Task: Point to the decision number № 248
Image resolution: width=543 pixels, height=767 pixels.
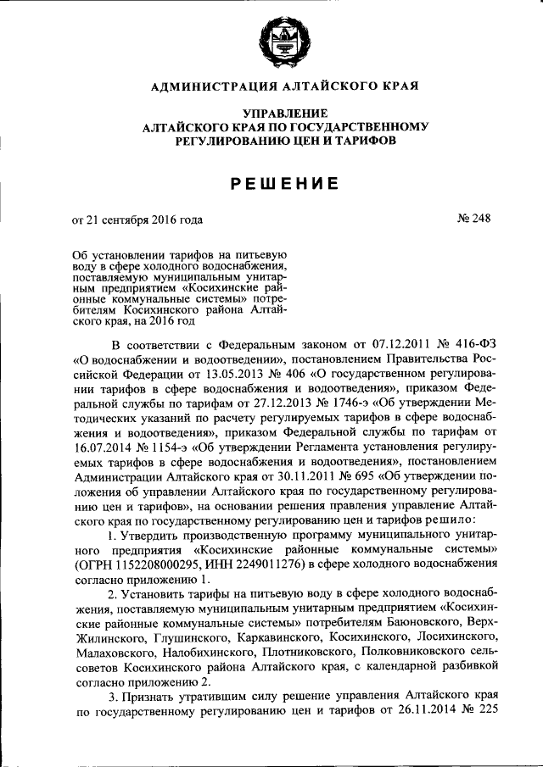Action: pyautogui.click(x=473, y=219)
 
